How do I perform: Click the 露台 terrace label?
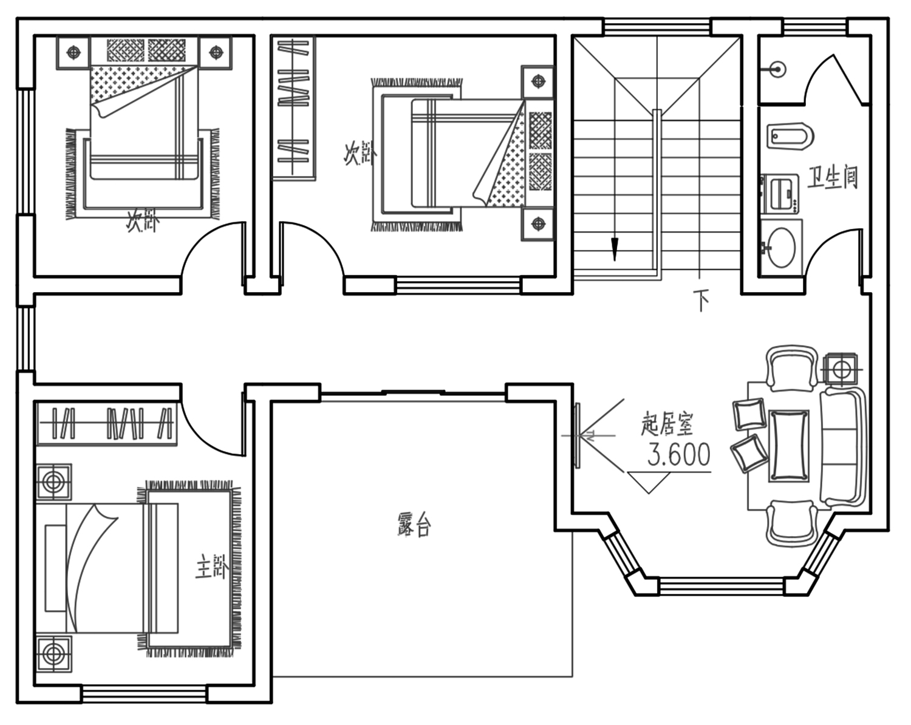pyautogui.click(x=414, y=526)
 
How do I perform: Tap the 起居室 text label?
pyautogui.click(x=667, y=424)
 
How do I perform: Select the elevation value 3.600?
pyautogui.click(x=678, y=455)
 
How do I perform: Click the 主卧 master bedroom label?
pyautogui.click(x=212, y=567)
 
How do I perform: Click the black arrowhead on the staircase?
pyautogui.click(x=615, y=250)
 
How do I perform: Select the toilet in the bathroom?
pyautogui.click(x=790, y=136)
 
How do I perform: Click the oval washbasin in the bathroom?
pyautogui.click(x=781, y=248)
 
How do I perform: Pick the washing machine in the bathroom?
pyautogui.click(x=780, y=194)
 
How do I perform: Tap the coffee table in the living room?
pyautogui.click(x=789, y=446)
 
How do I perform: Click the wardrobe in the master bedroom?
pyautogui.click(x=107, y=424)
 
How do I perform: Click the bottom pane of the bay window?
pyautogui.click(x=722, y=586)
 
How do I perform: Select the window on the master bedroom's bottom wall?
pyautogui.click(x=145, y=694)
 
